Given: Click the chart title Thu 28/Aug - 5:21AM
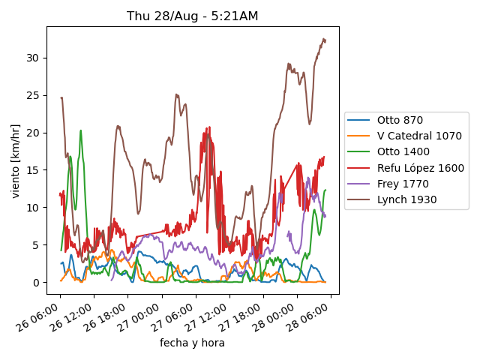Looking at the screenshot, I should click(x=193, y=16).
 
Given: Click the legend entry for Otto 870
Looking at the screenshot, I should click(x=400, y=120).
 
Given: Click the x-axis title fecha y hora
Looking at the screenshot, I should click(x=192, y=343).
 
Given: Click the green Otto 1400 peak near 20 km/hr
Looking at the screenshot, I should click(x=80, y=130).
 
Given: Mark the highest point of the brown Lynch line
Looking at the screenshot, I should click(x=324, y=39).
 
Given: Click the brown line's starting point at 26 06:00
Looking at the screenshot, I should click(x=61, y=97).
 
